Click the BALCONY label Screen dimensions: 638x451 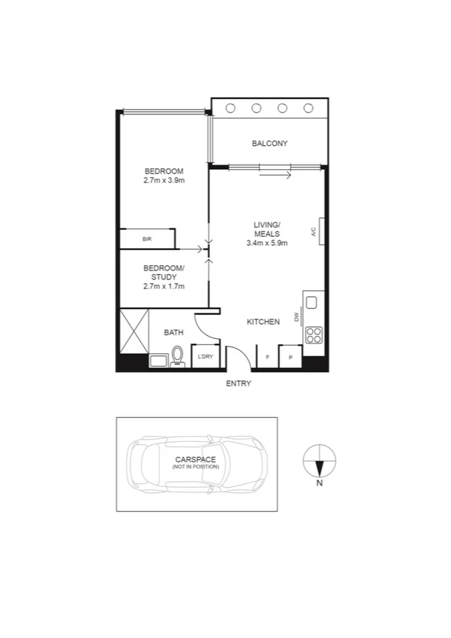[x=269, y=144]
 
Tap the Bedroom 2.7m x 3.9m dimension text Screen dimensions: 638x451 [x=164, y=180]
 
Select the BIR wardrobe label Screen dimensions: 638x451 [x=147, y=239]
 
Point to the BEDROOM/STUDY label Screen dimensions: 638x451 [x=164, y=272]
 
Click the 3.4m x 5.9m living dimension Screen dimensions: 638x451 [x=266, y=243]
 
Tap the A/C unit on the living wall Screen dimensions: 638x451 [x=321, y=231]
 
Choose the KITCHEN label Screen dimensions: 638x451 [x=263, y=322]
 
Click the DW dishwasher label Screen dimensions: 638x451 [x=297, y=318]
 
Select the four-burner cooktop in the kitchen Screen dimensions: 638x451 [x=314, y=334]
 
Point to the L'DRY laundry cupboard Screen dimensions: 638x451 [x=205, y=356]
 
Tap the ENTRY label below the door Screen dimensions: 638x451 [x=239, y=384]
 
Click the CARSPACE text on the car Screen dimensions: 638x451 [x=195, y=458]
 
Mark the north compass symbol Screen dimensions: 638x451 [x=320, y=460]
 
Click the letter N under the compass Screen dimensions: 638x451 [x=320, y=484]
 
